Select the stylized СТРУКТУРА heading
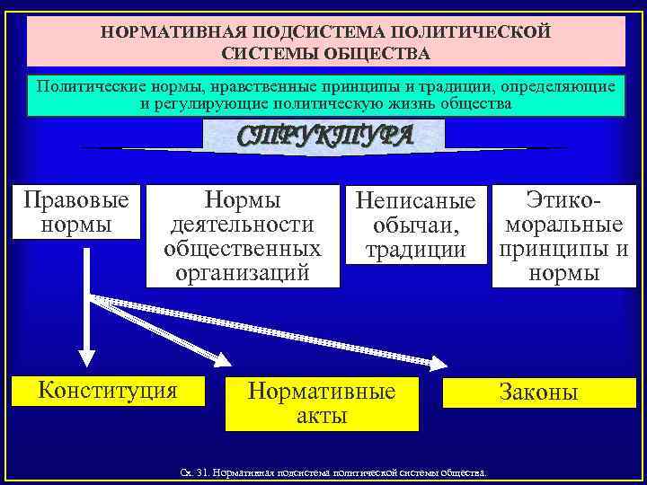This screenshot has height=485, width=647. click(x=324, y=135)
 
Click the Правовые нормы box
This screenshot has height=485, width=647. click(x=76, y=212)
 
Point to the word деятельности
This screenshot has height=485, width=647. click(x=243, y=225)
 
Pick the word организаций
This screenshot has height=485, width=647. click(x=243, y=272)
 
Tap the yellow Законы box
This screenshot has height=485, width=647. click(x=539, y=392)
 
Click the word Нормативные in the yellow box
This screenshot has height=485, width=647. click(x=322, y=392)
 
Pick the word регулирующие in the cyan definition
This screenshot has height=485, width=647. click(x=208, y=104)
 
